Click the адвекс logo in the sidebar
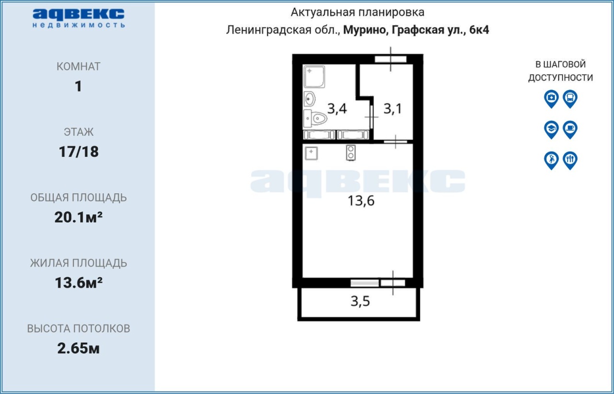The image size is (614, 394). [78, 18]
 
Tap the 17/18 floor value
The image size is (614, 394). [79, 151]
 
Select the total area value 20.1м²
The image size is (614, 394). [78, 217]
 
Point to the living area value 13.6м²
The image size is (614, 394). [78, 283]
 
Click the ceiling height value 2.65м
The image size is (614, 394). [78, 348]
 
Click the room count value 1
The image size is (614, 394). [78, 86]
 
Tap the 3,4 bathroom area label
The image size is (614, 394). [337, 108]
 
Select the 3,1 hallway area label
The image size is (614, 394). [392, 108]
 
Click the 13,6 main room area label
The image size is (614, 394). [361, 201]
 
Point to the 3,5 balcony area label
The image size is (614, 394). [360, 301]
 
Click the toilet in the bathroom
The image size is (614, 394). [316, 119]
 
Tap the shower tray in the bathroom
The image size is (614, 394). [314, 76]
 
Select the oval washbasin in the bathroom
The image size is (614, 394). [309, 99]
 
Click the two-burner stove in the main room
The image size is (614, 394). [351, 152]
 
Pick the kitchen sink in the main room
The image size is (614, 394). [311, 153]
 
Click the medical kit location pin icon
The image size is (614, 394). [551, 99]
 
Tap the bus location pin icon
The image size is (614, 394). [570, 99]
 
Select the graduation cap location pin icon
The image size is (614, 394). [551, 129]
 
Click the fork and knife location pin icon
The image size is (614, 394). [570, 161]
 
